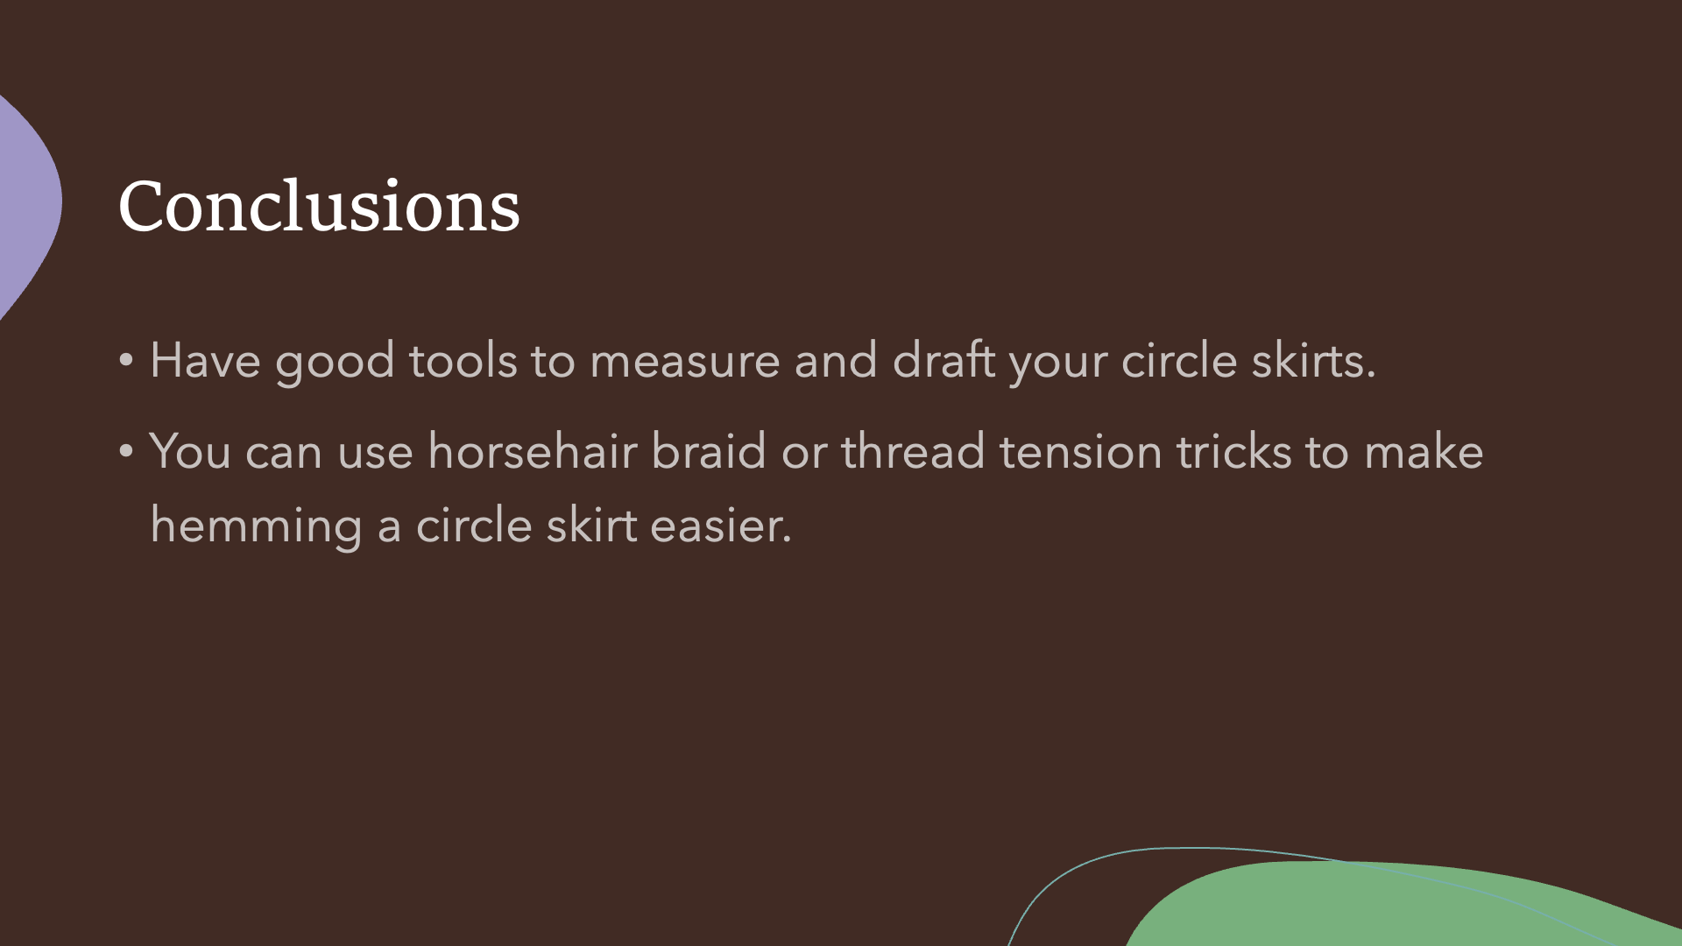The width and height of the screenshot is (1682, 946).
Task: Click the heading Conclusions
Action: point(319,206)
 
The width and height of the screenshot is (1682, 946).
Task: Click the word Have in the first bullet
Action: point(205,361)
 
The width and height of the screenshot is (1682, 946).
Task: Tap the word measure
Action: point(684,361)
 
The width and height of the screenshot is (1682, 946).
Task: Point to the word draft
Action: point(943,360)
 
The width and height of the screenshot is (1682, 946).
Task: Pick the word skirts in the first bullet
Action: point(1313,360)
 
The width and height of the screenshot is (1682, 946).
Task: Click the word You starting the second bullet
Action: point(190,451)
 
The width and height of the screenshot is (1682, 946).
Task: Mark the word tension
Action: point(1081,451)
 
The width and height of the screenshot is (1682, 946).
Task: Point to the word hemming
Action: point(256,526)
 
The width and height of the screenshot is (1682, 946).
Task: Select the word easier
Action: point(721,526)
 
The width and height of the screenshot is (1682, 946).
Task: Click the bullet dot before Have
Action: point(126,360)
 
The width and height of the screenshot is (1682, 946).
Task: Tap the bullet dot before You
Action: point(126,451)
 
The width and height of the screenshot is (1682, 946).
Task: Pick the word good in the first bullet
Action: point(335,363)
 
